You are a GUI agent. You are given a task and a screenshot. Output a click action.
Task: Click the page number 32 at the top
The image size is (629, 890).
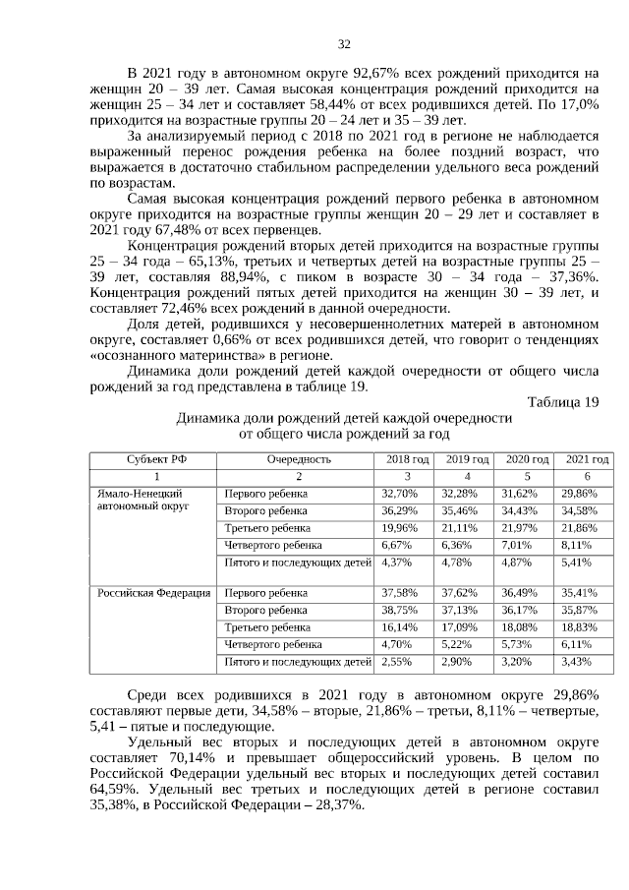(344, 44)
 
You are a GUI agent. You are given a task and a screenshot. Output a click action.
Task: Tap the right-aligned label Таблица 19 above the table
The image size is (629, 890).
(562, 401)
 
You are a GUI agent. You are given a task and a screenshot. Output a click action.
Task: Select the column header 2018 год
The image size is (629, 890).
(406, 459)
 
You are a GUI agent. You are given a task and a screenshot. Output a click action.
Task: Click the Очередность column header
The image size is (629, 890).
(298, 459)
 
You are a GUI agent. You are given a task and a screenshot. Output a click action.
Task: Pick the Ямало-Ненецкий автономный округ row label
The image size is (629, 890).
(143, 500)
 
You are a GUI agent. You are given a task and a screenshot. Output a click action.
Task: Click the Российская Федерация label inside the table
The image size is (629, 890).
(154, 593)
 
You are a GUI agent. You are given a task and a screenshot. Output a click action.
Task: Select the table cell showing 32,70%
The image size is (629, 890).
(399, 493)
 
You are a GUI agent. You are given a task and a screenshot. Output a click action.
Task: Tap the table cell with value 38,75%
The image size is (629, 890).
(399, 610)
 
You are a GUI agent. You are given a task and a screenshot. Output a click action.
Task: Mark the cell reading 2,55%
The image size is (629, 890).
(396, 661)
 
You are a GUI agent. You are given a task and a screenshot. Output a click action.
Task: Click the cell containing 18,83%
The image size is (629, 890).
(578, 626)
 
